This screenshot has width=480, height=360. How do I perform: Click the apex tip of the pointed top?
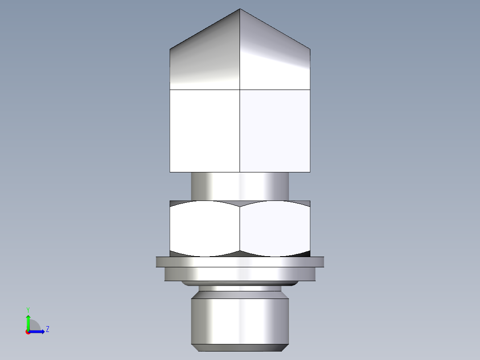240,9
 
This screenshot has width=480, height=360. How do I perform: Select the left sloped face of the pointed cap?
205,58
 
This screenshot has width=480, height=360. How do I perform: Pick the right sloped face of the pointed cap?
275,58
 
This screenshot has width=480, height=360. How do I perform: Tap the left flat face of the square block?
205,131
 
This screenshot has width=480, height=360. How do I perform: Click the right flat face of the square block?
275,131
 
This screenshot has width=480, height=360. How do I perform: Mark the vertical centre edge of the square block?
240,131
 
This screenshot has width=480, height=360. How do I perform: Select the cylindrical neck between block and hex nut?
240,186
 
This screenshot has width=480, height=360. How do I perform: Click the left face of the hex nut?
205,228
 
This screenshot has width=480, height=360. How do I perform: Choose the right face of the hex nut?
275,228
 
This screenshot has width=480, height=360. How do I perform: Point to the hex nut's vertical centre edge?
240,228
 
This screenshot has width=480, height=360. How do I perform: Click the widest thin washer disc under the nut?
240,262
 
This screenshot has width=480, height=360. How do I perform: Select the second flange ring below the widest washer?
240,274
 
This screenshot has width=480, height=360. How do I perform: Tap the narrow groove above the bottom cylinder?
240,289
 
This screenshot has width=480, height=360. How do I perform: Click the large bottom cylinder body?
240,320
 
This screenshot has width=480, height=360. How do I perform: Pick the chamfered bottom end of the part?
240,348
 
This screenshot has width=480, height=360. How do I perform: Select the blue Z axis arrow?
38,331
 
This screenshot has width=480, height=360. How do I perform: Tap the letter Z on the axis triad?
47,329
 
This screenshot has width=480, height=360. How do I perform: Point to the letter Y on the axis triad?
28,310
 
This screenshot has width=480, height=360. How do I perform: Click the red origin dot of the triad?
28,332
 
